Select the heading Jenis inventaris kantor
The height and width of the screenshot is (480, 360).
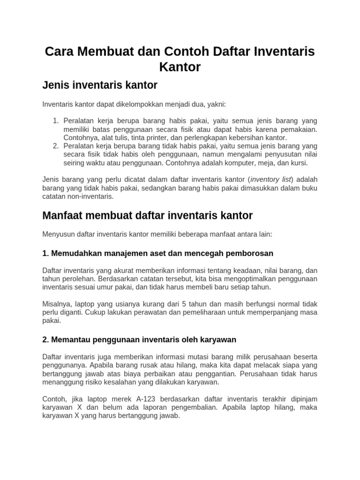(x=99, y=85)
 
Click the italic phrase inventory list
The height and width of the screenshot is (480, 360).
(x=271, y=180)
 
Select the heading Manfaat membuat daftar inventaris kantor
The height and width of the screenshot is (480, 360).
(x=147, y=216)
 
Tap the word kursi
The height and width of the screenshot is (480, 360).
(x=298, y=163)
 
